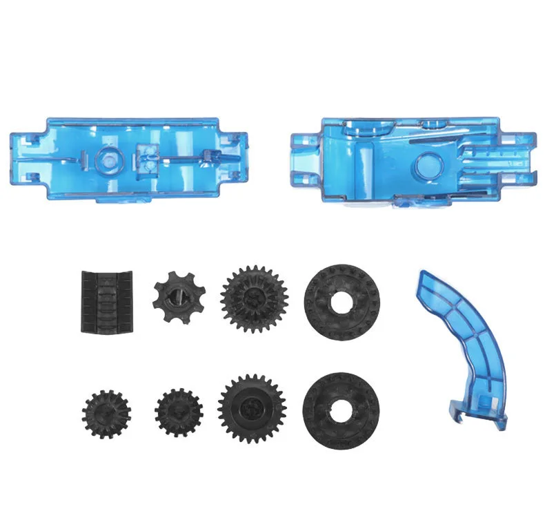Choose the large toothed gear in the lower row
click(x=252, y=409)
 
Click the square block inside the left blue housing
click(x=148, y=158)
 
